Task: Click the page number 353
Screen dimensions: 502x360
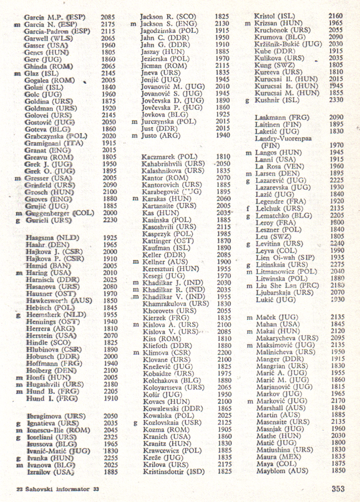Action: coord(338,489)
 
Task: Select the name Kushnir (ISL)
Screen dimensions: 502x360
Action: coord(277,100)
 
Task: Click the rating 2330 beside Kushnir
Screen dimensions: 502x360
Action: coord(336,100)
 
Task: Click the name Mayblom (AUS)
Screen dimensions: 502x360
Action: coord(281,471)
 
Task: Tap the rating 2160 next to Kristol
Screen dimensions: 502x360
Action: coord(336,16)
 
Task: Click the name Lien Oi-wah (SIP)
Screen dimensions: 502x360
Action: coord(282,257)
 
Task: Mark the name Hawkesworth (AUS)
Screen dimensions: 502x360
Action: coord(59,300)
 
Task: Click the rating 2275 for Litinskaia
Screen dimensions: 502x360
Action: coord(336,264)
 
